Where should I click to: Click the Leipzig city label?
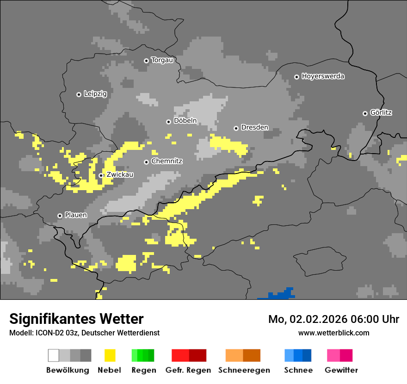(x=95, y=94)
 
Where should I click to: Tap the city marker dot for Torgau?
(x=146, y=61)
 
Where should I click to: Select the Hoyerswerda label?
(x=323, y=76)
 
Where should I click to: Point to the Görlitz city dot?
(x=365, y=113)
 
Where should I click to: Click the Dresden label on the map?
(x=255, y=127)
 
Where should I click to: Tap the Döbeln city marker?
(x=168, y=122)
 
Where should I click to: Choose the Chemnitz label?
(x=167, y=161)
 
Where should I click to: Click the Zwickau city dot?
(x=101, y=175)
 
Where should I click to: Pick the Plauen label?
(x=76, y=215)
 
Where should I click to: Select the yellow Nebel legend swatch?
(x=110, y=355)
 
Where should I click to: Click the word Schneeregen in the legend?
(x=244, y=370)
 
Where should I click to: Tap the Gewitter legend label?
(x=341, y=370)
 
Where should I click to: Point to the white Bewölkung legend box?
(x=53, y=355)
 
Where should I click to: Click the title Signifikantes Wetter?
(x=76, y=319)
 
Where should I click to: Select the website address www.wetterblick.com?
(x=333, y=333)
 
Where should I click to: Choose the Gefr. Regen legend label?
(x=188, y=370)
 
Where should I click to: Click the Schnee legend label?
(x=298, y=370)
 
